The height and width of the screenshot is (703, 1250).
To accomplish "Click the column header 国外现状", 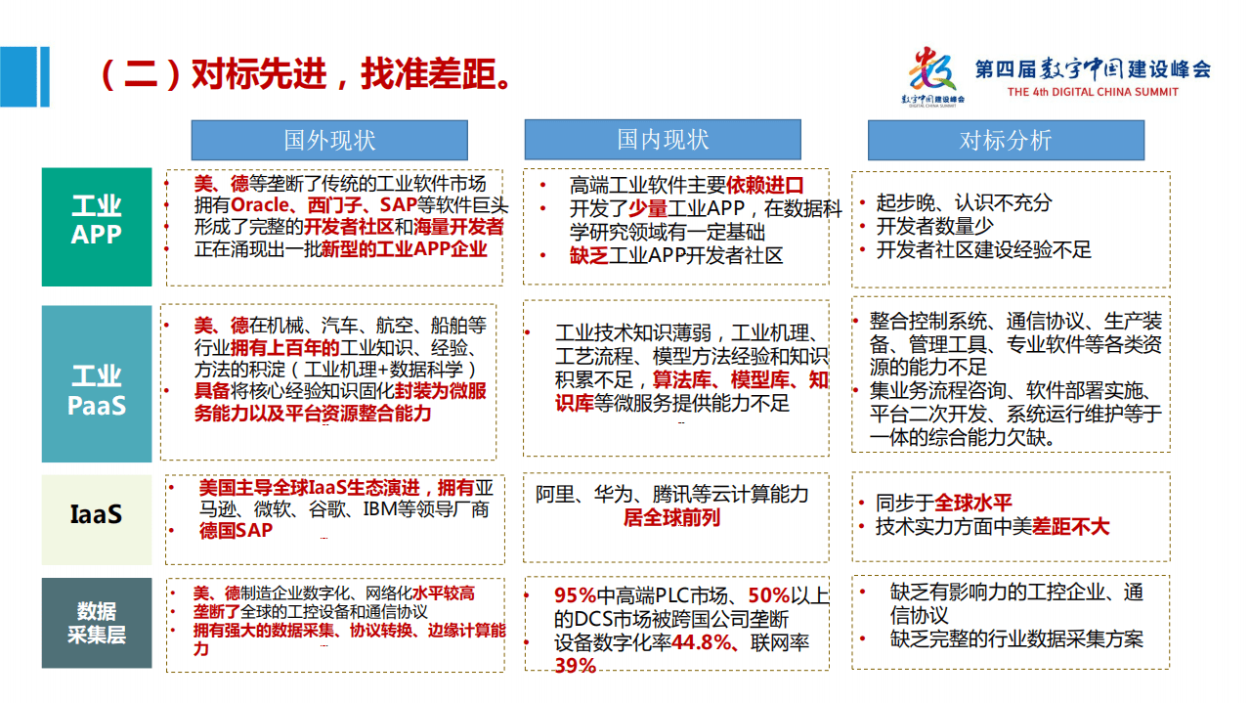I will click(329, 141).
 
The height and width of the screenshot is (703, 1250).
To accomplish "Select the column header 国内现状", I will click(662, 140).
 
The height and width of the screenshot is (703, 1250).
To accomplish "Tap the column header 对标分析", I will click(1005, 141).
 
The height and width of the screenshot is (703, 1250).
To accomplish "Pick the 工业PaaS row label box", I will click(97, 383).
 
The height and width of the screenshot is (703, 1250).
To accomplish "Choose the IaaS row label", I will click(97, 515).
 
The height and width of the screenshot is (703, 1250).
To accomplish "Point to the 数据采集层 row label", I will click(97, 623).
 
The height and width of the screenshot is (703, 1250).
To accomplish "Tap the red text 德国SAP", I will click(236, 531).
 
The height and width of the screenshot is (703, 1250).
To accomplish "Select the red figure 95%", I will click(576, 595).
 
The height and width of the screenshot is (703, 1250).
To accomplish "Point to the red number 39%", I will click(575, 666).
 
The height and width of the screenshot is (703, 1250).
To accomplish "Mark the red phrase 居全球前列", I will click(671, 518).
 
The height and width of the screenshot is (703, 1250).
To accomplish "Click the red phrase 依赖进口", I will click(764, 185).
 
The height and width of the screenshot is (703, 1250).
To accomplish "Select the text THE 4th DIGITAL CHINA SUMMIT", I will click(1092, 93).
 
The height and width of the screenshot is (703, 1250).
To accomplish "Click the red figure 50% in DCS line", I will click(769, 595).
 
